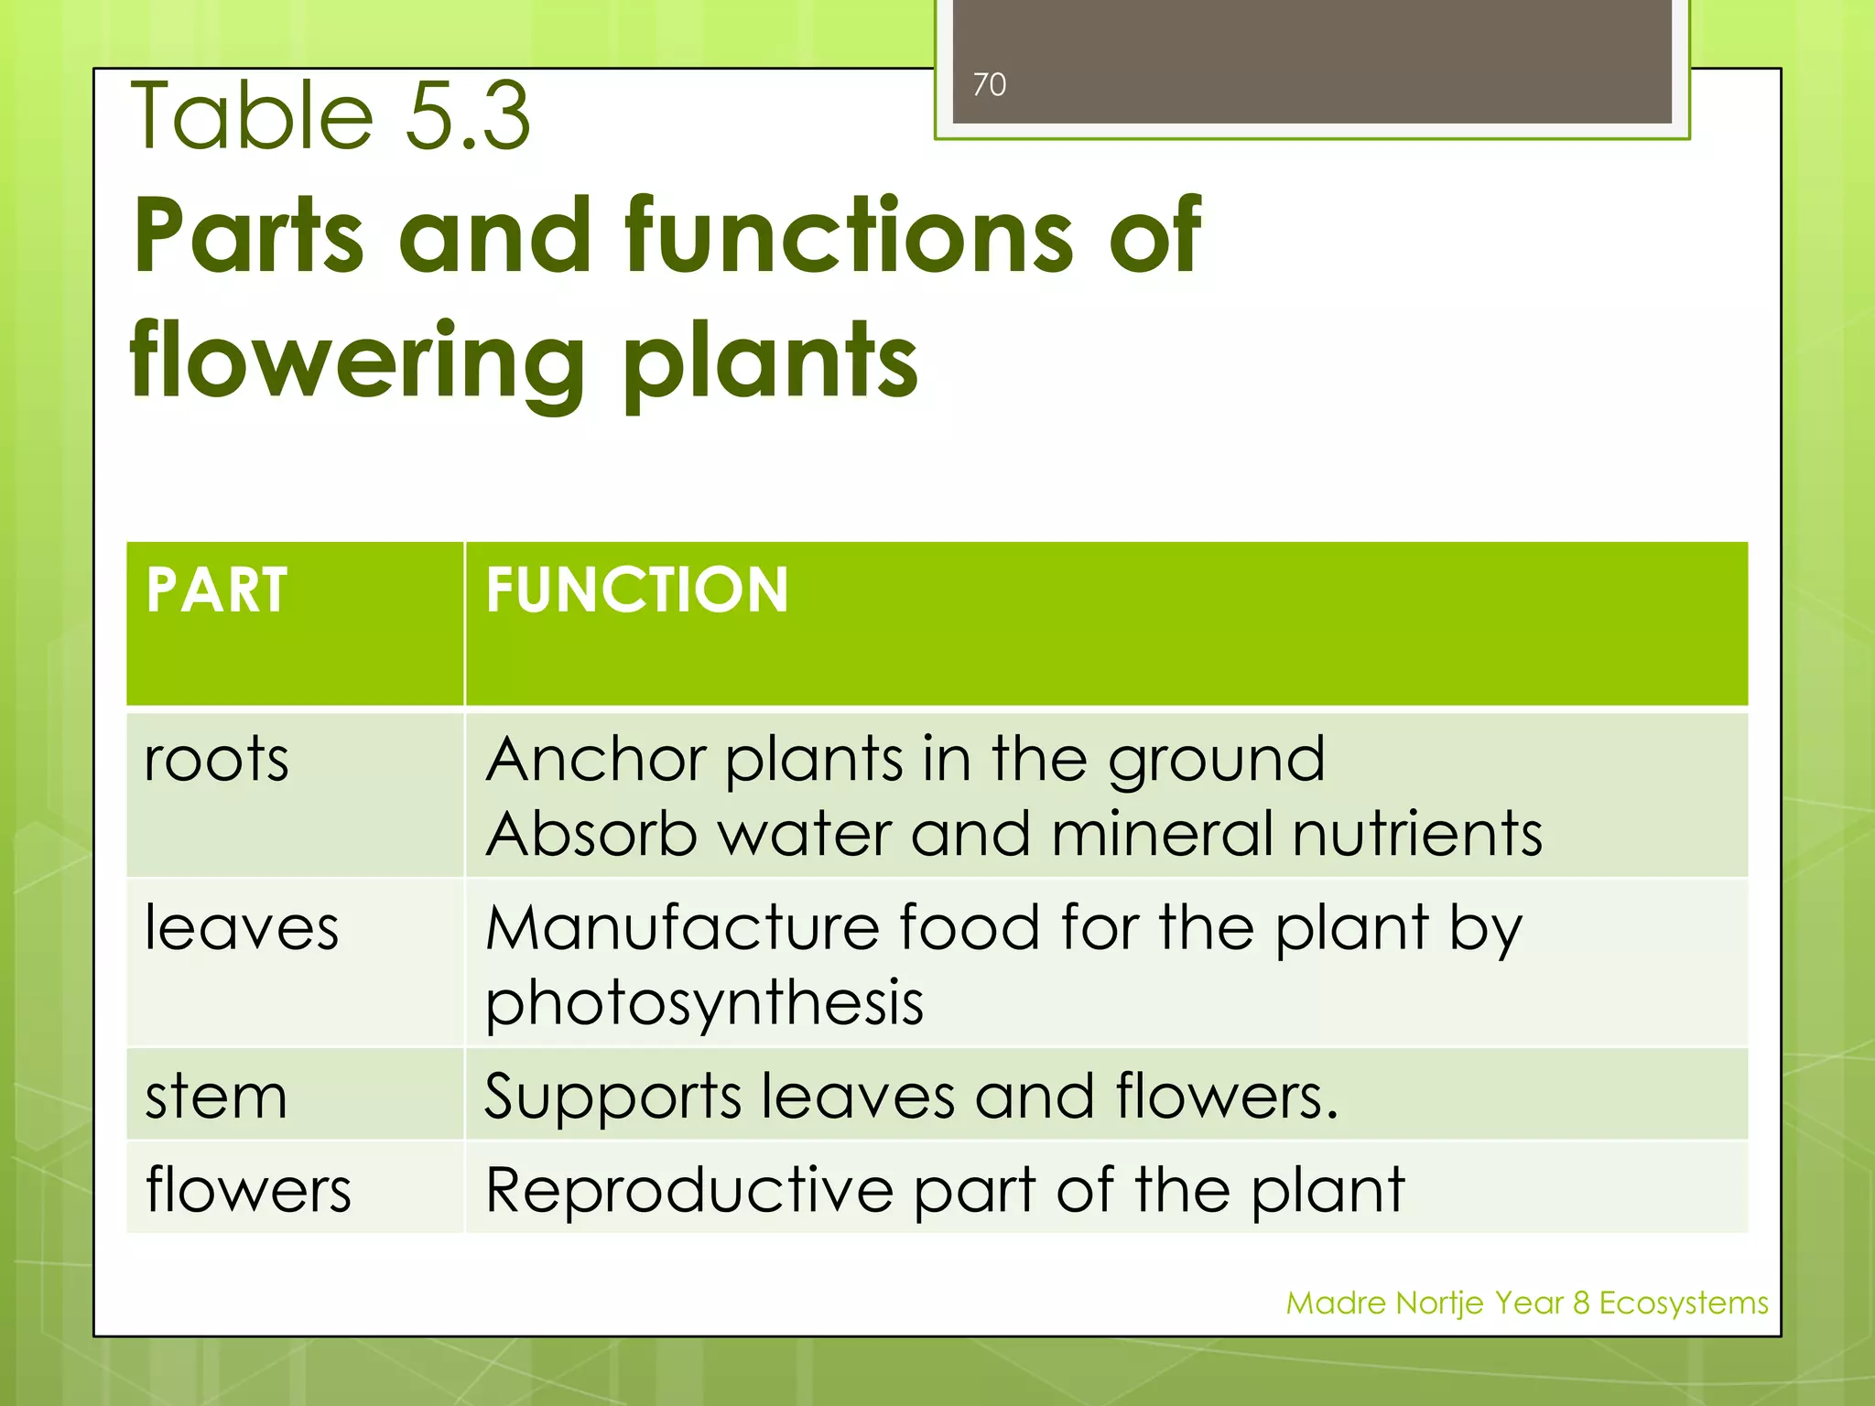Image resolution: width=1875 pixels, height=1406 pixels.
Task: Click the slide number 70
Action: click(x=989, y=84)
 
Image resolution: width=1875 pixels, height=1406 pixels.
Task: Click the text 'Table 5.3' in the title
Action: click(x=331, y=116)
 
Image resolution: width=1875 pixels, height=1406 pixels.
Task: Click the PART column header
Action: click(x=217, y=589)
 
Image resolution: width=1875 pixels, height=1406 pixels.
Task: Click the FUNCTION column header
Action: click(x=637, y=589)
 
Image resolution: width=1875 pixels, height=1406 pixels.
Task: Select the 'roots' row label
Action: click(x=217, y=760)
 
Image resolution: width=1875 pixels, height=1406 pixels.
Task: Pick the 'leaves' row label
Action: click(x=242, y=928)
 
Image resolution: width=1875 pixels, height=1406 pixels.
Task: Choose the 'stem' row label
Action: click(x=216, y=1097)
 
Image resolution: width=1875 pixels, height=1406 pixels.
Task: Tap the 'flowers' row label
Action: click(x=248, y=1190)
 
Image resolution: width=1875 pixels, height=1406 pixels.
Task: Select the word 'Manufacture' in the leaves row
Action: click(x=682, y=928)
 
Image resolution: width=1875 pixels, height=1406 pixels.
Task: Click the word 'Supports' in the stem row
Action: click(x=612, y=1097)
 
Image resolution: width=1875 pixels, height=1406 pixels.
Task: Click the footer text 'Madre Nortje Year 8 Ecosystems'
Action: click(x=1526, y=1303)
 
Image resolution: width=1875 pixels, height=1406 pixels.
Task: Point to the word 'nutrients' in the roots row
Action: click(x=1417, y=834)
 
